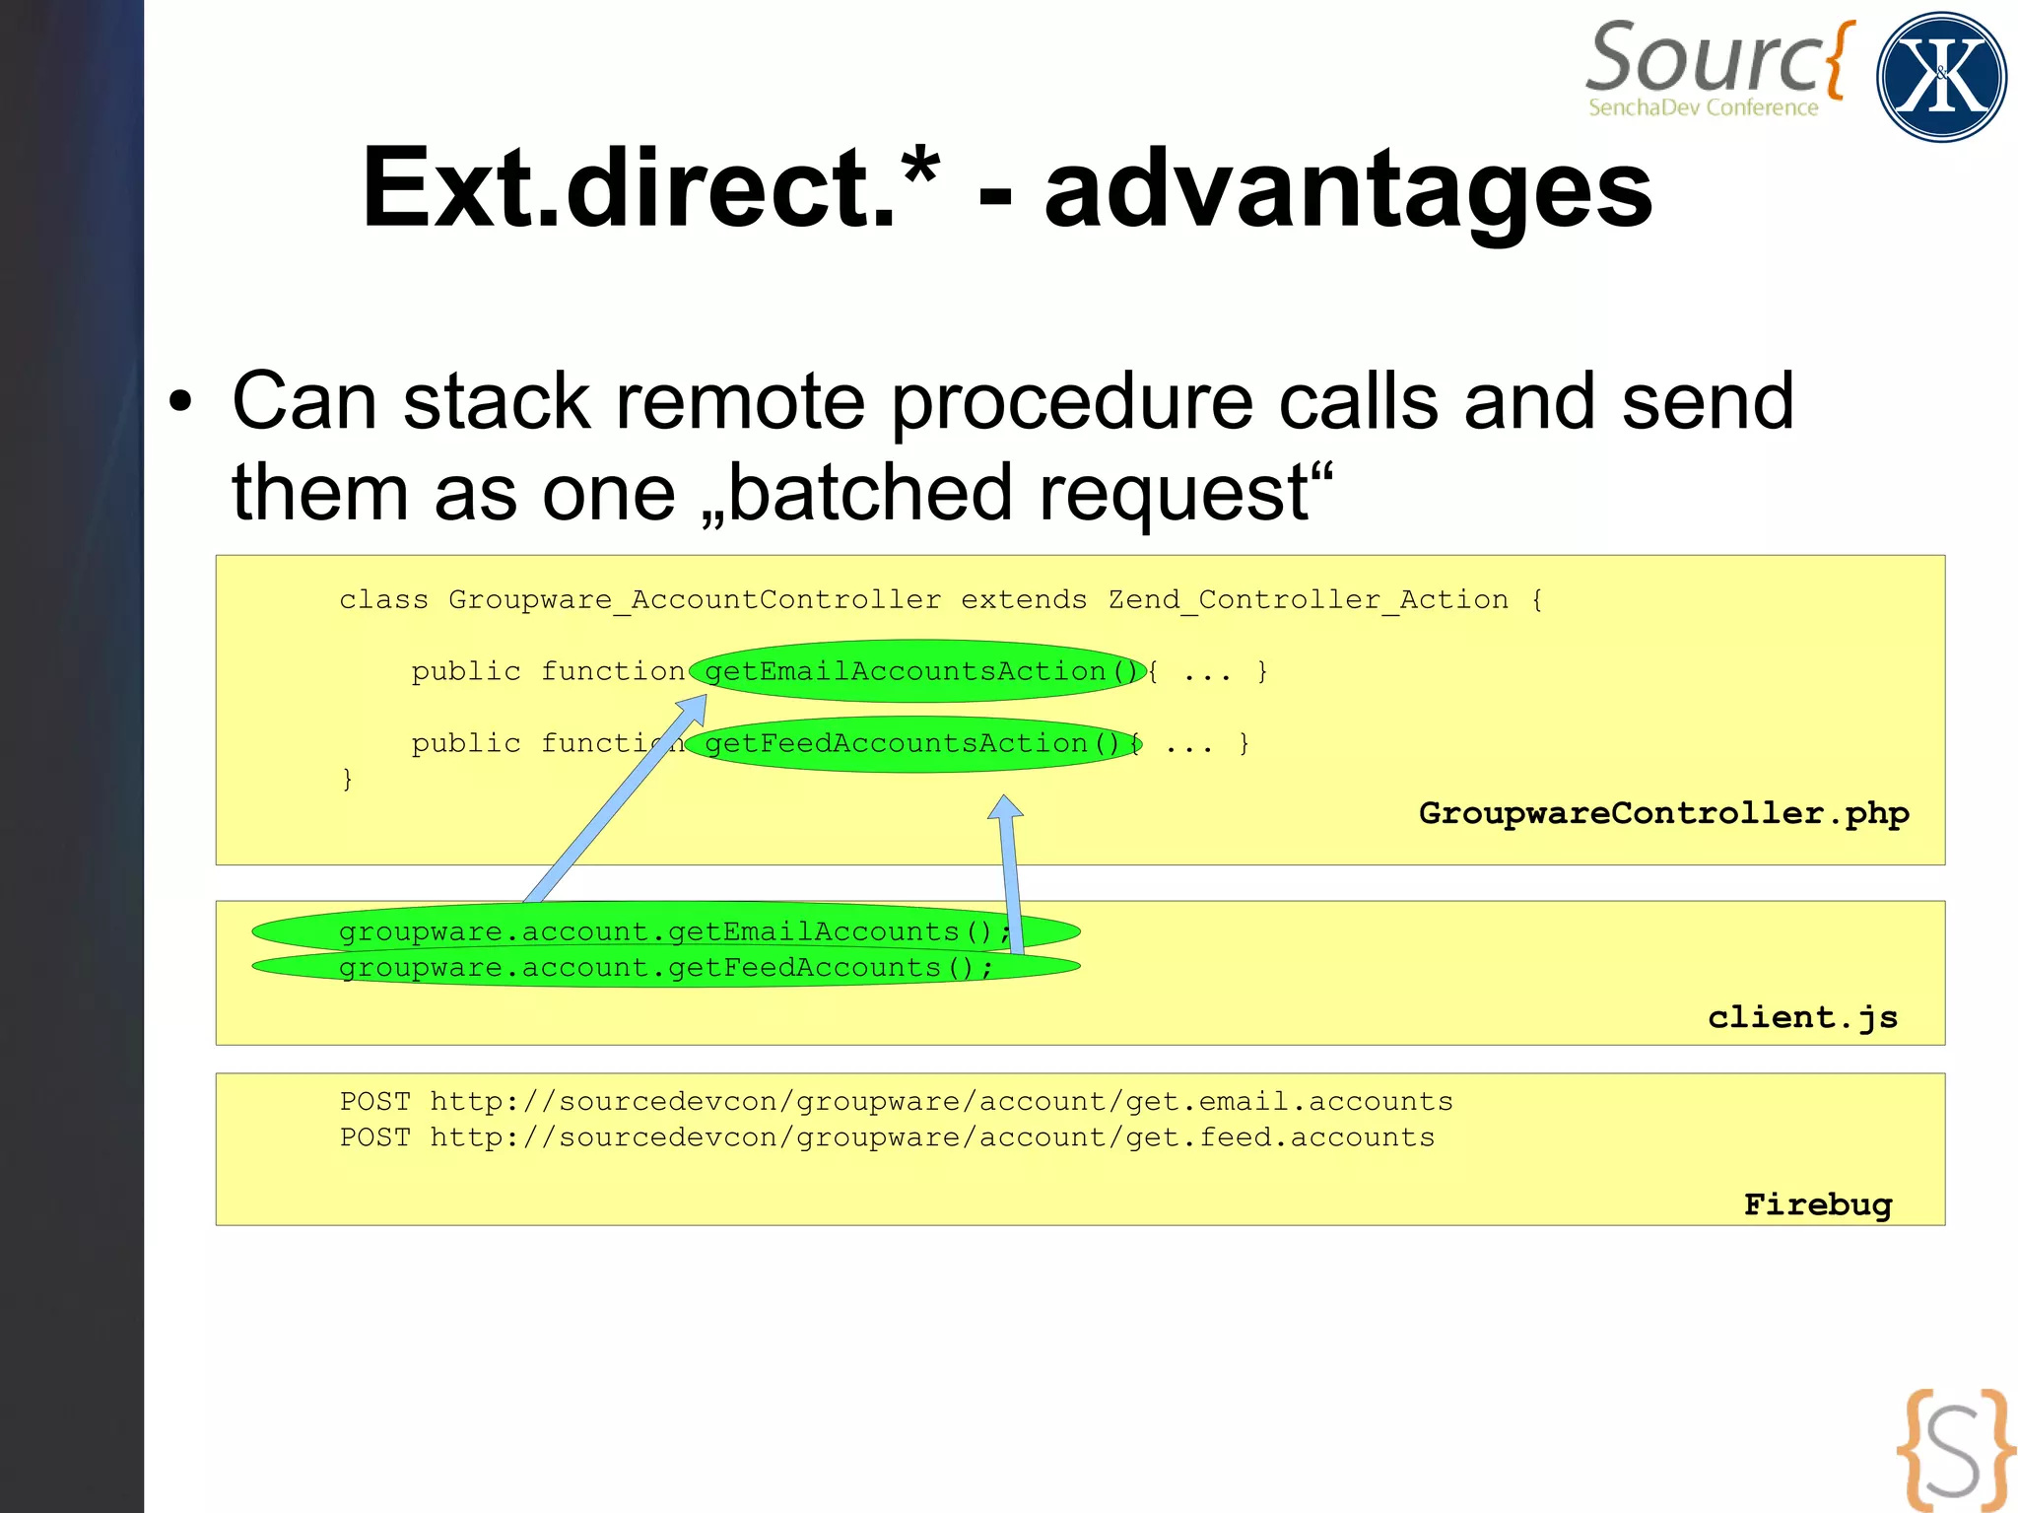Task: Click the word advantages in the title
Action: pos(1348,187)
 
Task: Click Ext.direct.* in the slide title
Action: pos(650,187)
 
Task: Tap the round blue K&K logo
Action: pos(1940,77)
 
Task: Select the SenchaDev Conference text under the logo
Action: pos(1703,107)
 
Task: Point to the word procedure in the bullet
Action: pos(1072,402)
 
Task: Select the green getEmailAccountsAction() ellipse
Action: pos(916,671)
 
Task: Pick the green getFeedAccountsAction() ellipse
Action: pos(911,743)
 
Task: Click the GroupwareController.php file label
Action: pos(1663,813)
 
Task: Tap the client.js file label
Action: pos(1802,1016)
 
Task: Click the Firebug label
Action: pos(1817,1204)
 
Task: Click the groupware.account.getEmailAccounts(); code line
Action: pos(674,931)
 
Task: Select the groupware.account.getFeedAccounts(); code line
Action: pos(665,968)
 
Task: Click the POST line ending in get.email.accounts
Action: pos(896,1101)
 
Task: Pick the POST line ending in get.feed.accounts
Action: pos(887,1137)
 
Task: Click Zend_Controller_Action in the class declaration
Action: pos(1308,599)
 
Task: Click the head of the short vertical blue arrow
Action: pos(1005,807)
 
